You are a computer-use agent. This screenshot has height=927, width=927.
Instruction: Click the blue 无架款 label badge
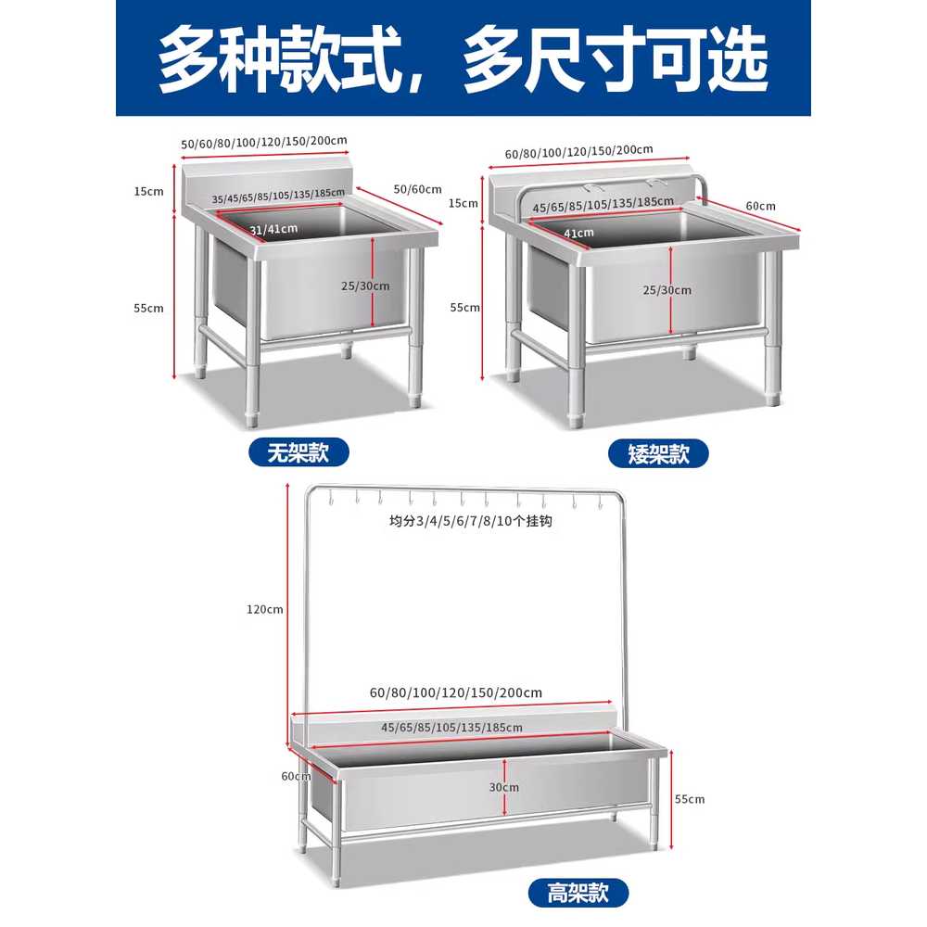[298, 453]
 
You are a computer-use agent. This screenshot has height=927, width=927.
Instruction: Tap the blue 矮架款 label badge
[658, 453]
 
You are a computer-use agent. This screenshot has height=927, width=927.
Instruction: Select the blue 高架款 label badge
[578, 892]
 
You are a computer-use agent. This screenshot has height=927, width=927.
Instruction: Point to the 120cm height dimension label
[265, 610]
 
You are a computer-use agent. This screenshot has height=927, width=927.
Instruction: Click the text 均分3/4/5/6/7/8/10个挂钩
[471, 521]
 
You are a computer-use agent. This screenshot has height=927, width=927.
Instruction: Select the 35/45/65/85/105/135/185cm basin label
[278, 196]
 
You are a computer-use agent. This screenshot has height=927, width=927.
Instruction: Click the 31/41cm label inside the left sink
[273, 229]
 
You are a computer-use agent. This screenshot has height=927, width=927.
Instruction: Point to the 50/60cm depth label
[417, 189]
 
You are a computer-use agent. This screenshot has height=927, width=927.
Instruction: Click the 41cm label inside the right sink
[578, 233]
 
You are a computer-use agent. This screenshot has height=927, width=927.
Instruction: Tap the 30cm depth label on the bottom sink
[503, 787]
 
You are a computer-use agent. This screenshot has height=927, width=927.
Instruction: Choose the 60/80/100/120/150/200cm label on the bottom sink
[456, 692]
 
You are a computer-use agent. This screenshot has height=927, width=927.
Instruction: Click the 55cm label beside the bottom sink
[690, 799]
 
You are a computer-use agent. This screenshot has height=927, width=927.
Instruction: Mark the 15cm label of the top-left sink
[148, 191]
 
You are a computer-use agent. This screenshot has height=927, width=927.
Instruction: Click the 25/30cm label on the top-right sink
[667, 290]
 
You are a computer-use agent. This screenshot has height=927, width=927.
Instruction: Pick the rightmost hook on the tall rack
[600, 502]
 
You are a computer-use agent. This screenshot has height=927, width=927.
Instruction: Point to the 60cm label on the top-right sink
[760, 206]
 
